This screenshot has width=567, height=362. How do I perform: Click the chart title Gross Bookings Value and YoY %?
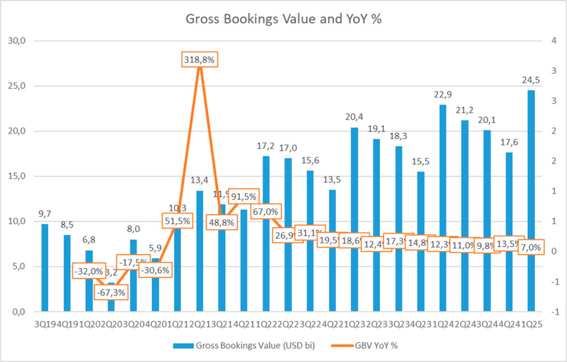283,18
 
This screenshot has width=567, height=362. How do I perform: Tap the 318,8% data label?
199,60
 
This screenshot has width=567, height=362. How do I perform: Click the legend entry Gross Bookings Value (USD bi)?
244,346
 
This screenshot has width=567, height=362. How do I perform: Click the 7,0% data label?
530,247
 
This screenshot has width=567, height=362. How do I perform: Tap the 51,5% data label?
178,221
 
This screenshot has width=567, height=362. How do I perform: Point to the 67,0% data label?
266,211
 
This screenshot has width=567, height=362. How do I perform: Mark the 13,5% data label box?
508,244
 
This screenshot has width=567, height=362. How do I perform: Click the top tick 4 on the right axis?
548,41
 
